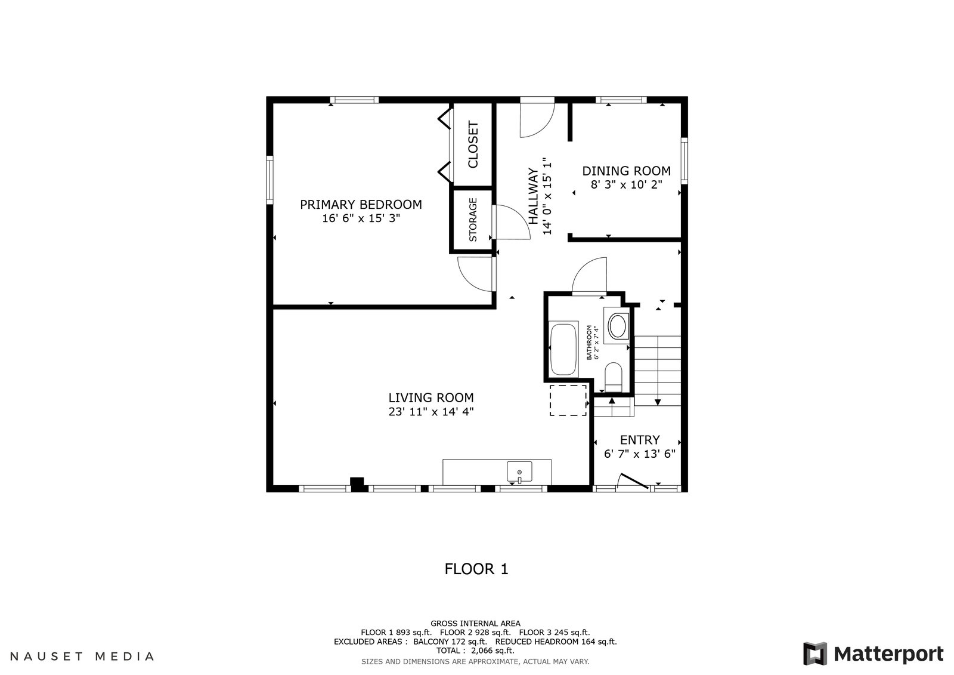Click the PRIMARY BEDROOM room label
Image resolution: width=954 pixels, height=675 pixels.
click(361, 205)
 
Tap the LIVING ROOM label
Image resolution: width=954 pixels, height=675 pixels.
click(431, 398)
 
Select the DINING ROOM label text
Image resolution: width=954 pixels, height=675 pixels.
click(626, 171)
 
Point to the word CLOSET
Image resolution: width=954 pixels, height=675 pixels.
click(473, 144)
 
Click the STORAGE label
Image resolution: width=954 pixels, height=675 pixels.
click(473, 220)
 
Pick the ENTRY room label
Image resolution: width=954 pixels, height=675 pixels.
click(640, 440)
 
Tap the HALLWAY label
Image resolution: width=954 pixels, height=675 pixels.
click(533, 196)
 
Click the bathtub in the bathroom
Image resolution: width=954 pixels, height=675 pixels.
click(563, 349)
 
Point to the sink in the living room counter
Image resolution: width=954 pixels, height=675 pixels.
click(519, 471)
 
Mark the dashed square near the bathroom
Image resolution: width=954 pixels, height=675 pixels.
click(568, 400)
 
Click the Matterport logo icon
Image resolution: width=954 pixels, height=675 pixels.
click(815, 654)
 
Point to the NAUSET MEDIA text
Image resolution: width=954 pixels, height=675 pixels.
click(82, 656)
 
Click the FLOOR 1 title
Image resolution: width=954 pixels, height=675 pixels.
click(476, 569)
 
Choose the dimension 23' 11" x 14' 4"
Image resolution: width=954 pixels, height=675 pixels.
click(431, 412)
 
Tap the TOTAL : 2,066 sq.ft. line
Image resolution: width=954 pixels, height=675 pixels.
click(475, 651)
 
